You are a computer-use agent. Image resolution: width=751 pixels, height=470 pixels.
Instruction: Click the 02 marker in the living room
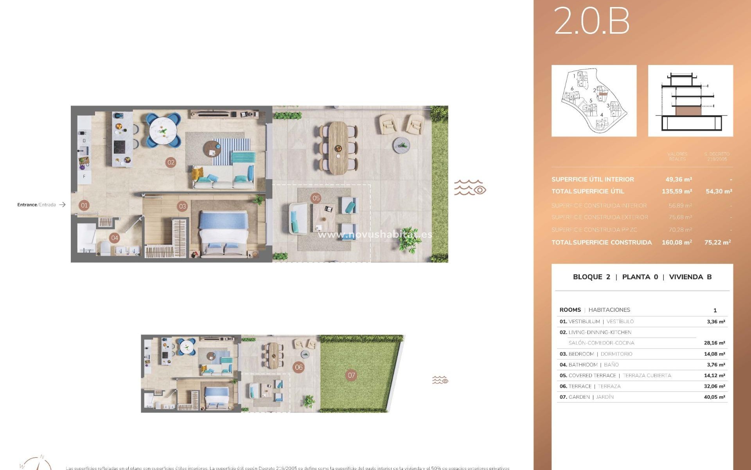(171, 163)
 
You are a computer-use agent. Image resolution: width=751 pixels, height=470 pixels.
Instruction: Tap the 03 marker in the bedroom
(182, 206)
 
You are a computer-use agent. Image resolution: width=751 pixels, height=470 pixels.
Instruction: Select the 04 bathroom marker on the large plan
(114, 238)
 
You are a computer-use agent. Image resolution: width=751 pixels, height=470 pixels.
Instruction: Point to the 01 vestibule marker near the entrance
(84, 205)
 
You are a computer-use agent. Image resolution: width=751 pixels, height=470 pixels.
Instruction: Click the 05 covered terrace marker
(316, 198)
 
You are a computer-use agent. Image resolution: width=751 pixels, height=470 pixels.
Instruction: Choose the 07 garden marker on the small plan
(352, 375)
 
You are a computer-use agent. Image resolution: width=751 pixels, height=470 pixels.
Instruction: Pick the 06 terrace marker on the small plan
(299, 367)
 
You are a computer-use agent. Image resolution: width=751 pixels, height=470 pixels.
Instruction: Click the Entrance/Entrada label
(37, 205)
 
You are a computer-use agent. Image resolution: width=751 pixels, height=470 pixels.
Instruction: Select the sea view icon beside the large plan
(470, 188)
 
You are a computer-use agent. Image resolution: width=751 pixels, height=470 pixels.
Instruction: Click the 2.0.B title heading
(591, 21)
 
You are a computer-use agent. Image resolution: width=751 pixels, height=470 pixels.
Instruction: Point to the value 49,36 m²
(679, 179)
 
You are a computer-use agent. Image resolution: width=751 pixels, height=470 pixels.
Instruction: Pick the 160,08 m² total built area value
(677, 242)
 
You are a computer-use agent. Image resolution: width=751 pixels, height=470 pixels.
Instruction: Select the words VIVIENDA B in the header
(690, 277)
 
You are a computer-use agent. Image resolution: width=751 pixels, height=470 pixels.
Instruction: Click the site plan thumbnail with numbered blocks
(594, 101)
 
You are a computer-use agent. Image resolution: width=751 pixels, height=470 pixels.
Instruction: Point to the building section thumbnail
(690, 101)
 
